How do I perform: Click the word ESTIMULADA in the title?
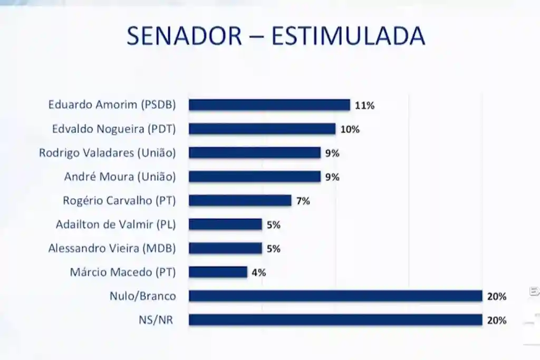click(x=348, y=36)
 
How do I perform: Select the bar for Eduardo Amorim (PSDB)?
click(x=269, y=105)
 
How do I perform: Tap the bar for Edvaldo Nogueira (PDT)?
click(x=262, y=129)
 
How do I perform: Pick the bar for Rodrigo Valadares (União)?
click(x=255, y=153)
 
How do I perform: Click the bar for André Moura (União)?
click(x=255, y=177)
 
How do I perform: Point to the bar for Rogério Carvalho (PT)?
click(x=240, y=200)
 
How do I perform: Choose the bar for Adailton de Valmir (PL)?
click(x=225, y=225)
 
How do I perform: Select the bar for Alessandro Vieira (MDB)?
click(x=225, y=248)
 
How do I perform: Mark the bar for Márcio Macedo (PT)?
click(x=218, y=272)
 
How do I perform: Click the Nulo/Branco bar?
click(x=335, y=296)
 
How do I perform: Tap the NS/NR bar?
click(x=335, y=320)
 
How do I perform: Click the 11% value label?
click(x=364, y=105)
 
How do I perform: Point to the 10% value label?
click(x=350, y=129)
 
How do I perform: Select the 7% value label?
click(x=303, y=201)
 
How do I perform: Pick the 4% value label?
click(x=258, y=273)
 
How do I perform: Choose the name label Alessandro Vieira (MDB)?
click(x=112, y=248)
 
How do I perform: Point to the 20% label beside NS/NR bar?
click(x=497, y=320)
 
